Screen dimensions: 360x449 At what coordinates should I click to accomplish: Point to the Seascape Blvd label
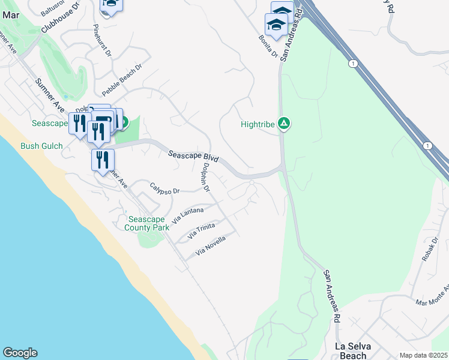[x=193, y=157]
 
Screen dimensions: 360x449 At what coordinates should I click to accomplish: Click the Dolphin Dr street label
[x=206, y=178]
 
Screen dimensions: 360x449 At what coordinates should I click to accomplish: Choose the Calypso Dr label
[x=164, y=188]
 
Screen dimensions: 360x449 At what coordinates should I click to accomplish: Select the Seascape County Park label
[x=147, y=223]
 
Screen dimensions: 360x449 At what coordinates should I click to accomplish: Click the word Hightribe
[x=258, y=125]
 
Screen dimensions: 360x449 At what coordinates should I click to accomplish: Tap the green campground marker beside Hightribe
[x=285, y=124]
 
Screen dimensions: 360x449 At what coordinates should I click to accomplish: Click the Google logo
[x=20, y=353]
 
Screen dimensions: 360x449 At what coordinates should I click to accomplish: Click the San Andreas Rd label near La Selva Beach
[x=333, y=296]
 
